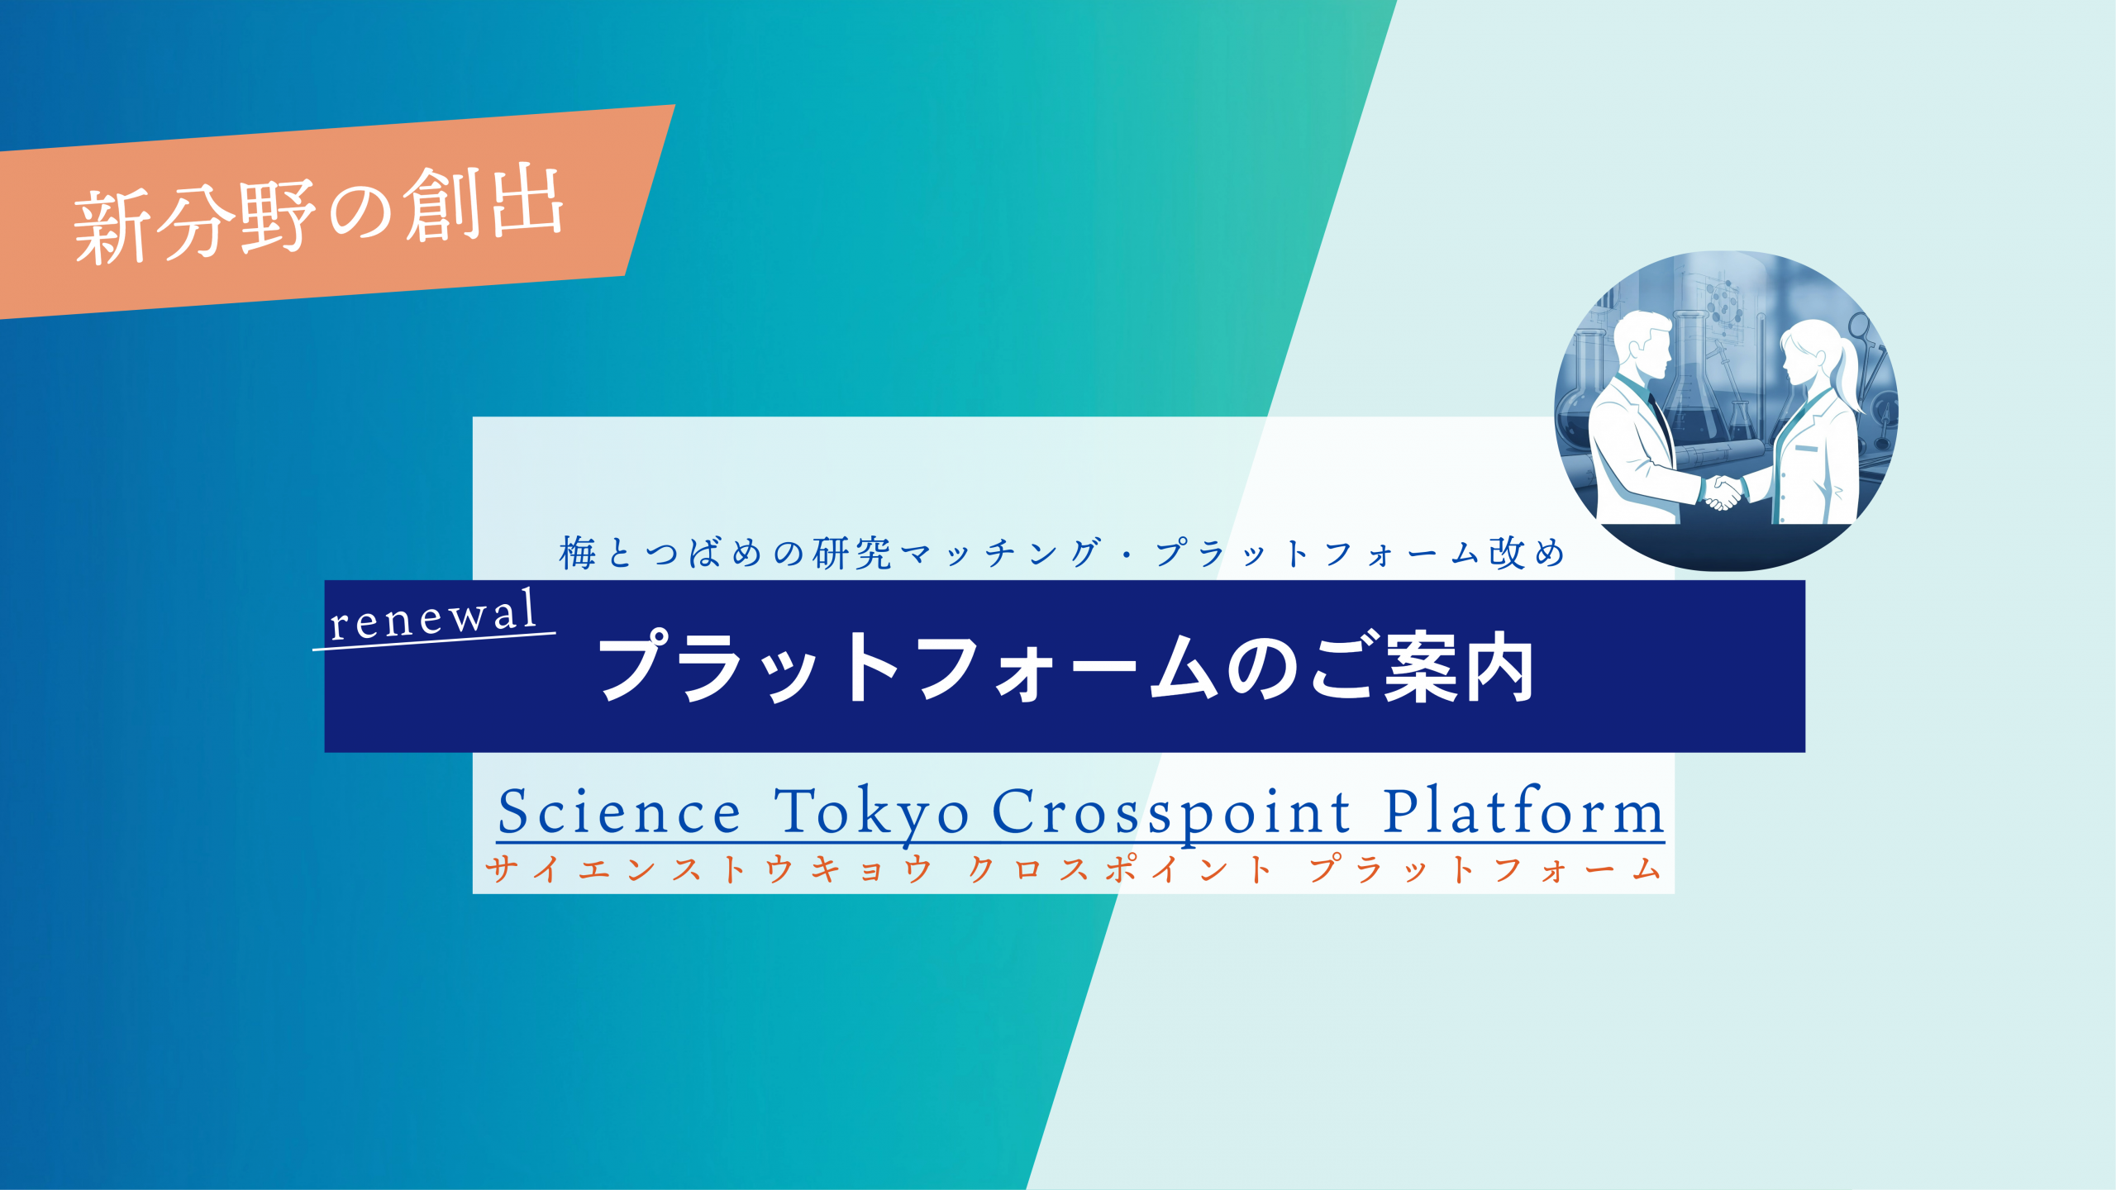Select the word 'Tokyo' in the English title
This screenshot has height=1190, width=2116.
point(871,813)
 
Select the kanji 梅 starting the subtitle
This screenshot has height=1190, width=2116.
point(578,553)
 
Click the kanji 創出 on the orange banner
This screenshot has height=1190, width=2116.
point(484,204)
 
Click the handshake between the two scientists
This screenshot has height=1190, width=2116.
point(1724,493)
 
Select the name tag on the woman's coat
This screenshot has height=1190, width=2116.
point(1807,449)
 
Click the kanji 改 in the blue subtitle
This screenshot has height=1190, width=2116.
point(1506,553)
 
